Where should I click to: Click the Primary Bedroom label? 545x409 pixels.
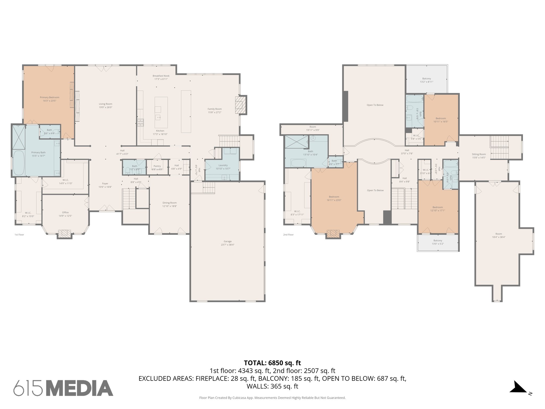pos(49,97)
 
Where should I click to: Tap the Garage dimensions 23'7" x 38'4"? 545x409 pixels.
pos(228,245)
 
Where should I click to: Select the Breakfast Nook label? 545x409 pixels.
pos(161,76)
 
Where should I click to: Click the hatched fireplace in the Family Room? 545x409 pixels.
pos(241,105)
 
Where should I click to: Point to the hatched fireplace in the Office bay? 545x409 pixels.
pos(64,234)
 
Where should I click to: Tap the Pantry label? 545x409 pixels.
pos(157,166)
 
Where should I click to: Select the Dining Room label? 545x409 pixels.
pos(170,203)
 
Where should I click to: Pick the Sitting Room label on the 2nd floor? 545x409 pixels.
pos(479,154)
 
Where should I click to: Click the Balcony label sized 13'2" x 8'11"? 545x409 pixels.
pos(427,79)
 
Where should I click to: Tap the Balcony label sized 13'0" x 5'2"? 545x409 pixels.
pos(438,240)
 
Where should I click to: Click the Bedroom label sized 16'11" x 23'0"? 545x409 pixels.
pos(334,197)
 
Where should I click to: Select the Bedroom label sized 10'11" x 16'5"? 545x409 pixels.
pos(441,118)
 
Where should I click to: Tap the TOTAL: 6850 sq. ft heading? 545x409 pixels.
pos(272,363)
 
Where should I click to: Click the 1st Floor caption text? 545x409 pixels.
pos(19,235)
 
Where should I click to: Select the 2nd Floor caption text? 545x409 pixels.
pos(288,235)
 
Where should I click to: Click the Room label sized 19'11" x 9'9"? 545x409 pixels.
pos(312,127)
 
